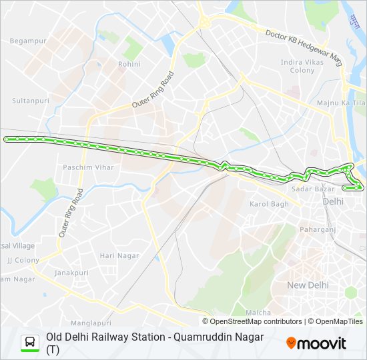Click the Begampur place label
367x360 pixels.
(x=27, y=41)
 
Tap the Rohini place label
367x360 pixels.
(x=129, y=64)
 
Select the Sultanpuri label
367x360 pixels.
(x=27, y=101)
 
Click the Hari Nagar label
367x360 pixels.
(x=119, y=255)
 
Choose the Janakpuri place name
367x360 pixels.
(x=71, y=273)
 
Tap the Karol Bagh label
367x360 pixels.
(x=269, y=203)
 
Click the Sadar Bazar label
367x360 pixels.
(x=308, y=189)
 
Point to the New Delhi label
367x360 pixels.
(x=308, y=285)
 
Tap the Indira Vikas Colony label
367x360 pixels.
(x=298, y=67)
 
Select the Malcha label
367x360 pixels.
(x=258, y=312)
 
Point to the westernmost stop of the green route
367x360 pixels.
(x=7, y=139)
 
